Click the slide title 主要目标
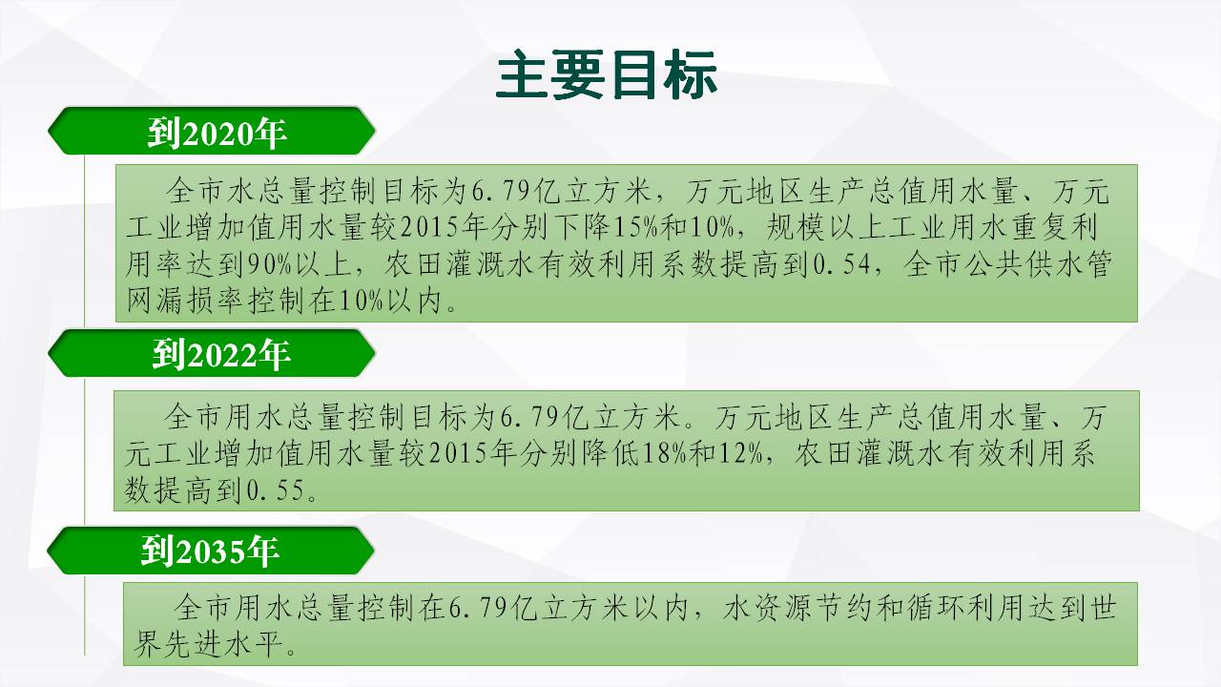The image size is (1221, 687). point(606,74)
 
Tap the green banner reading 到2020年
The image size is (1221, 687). point(212,131)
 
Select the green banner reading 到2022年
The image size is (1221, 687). point(212,353)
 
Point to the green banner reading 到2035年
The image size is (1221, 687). point(211,551)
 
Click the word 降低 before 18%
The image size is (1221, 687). point(611,452)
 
